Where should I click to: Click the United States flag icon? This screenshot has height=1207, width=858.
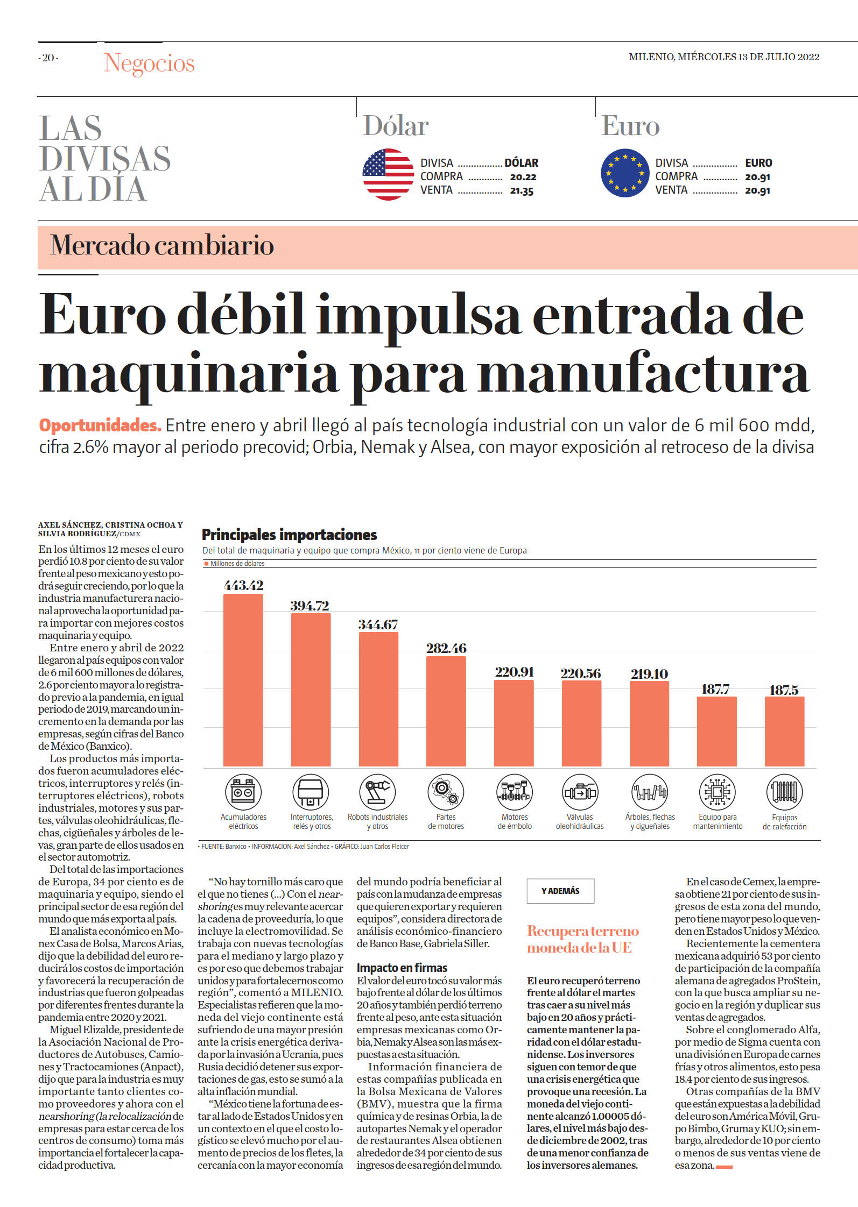[x=388, y=174]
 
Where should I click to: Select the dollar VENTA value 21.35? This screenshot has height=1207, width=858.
[x=522, y=191]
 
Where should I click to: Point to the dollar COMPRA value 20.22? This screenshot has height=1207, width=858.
[x=523, y=177]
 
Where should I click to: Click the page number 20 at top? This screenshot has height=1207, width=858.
[x=48, y=58]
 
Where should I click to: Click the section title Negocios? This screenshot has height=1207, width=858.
[x=149, y=63]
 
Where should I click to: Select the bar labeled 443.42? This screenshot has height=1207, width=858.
[x=243, y=680]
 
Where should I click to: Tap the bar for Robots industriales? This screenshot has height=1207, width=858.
[x=378, y=699]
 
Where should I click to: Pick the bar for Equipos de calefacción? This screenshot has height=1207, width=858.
[x=785, y=732]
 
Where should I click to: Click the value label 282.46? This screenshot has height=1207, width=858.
[x=446, y=648]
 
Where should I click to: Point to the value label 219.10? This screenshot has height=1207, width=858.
[x=649, y=674]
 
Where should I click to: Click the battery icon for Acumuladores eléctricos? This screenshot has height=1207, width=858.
[x=243, y=792]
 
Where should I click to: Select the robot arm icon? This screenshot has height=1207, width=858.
[x=378, y=792]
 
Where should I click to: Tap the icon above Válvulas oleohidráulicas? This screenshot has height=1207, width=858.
[x=580, y=792]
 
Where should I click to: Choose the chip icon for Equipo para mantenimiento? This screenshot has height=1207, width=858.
[x=718, y=792]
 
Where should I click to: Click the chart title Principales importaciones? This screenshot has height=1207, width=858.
[x=289, y=535]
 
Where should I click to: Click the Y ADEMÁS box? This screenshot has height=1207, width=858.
[x=560, y=891]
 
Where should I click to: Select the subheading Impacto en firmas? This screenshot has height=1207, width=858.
[x=402, y=968]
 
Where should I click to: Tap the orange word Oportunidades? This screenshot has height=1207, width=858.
[x=100, y=425]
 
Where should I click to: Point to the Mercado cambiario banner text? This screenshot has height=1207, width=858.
[x=162, y=246]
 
